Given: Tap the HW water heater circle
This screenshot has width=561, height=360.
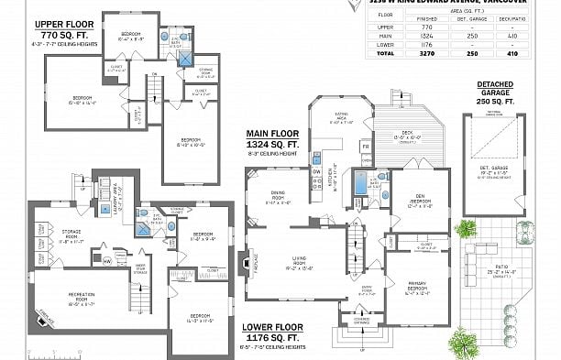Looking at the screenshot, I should point(106,260).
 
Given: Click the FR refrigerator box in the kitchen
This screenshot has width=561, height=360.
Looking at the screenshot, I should point(365,147).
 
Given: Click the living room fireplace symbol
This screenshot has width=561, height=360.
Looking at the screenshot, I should point(242,262).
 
